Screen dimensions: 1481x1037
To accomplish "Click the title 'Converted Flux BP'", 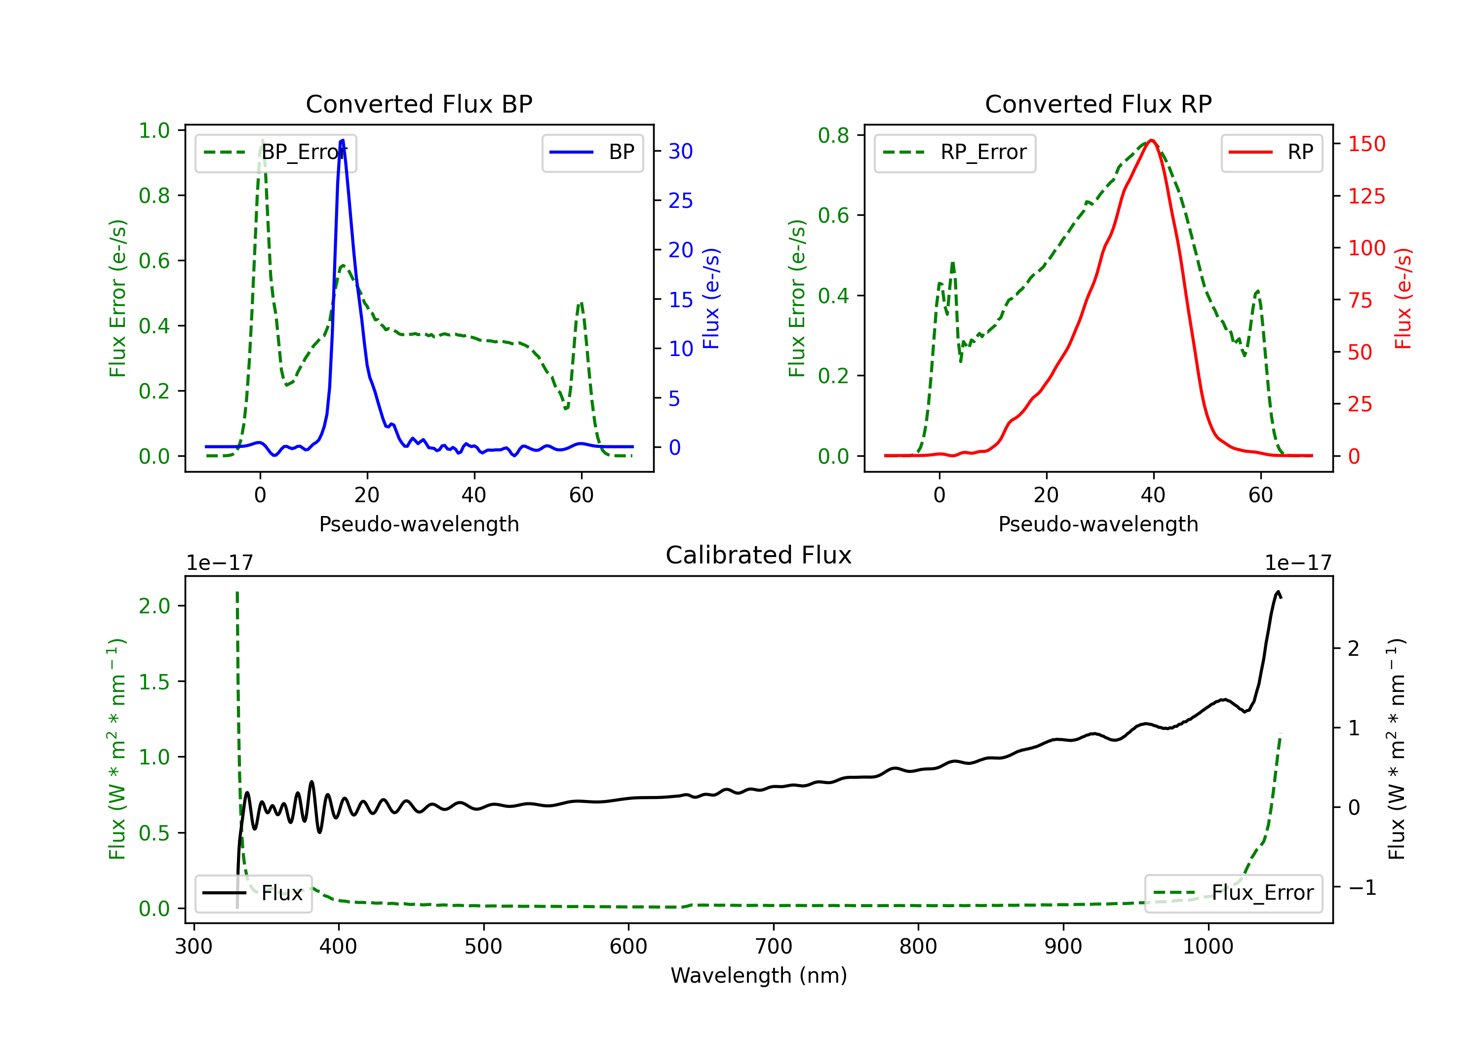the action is tap(419, 104).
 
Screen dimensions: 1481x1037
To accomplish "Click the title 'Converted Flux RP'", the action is tap(1098, 104).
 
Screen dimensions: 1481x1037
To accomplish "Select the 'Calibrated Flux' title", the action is tap(759, 555).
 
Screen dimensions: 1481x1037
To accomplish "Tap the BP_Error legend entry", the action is tap(275, 152).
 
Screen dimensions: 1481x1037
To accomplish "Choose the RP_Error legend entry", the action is tap(955, 152).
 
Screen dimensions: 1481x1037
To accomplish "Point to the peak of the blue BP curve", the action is tap(343, 140).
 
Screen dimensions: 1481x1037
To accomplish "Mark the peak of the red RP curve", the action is tap(1151, 140).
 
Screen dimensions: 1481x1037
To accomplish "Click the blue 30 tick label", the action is tap(680, 151).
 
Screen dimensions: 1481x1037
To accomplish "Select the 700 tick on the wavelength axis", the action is tap(774, 947).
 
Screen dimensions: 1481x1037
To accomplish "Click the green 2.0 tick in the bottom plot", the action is tap(155, 606).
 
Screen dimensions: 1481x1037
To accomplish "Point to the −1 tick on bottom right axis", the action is tap(1363, 887).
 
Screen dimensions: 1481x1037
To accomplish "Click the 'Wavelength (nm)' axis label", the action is tap(759, 975).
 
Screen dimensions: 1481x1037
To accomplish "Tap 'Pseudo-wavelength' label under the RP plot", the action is tap(1098, 524).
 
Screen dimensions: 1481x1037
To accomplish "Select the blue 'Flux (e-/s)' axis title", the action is tap(711, 298).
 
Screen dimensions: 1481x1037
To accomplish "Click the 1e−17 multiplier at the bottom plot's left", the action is tap(220, 563).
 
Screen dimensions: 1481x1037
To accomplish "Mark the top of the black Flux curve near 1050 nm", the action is tap(1278, 592).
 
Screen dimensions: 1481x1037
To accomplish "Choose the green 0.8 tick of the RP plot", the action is tap(833, 135).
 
